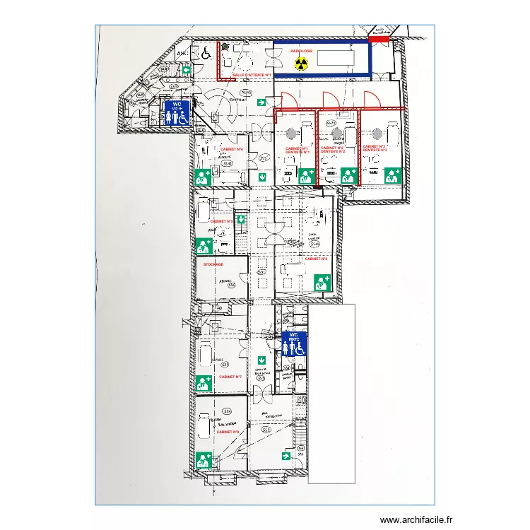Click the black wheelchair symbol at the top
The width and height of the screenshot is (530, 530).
pos(206,52)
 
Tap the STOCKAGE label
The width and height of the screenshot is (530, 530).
pos(213,264)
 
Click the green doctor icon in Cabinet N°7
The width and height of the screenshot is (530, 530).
pos(204,383)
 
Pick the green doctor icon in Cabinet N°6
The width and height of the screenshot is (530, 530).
pos(322,283)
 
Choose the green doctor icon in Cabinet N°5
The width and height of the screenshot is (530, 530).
pos(204,245)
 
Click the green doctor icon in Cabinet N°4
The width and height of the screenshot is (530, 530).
pos(204,177)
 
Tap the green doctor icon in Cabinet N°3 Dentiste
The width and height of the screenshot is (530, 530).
pos(392,176)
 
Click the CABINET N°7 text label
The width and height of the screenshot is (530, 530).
pos(230,377)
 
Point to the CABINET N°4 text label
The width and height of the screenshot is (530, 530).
pos(232,150)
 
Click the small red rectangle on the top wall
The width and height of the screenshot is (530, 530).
pos(379,40)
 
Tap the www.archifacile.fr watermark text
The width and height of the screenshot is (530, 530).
pos(416,519)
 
